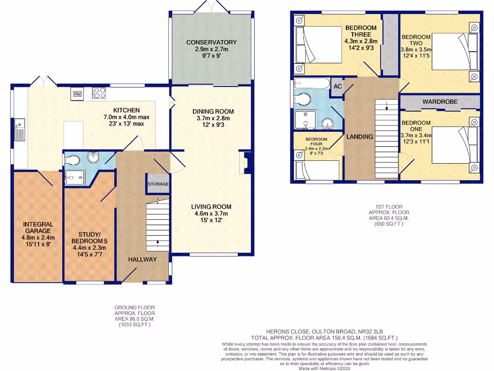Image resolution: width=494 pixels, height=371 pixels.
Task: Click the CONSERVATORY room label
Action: (211, 43)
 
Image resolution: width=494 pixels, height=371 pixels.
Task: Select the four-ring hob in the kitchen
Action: (99, 93)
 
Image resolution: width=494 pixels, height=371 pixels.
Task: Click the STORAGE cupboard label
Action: (158, 184)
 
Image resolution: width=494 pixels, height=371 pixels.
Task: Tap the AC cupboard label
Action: (337, 86)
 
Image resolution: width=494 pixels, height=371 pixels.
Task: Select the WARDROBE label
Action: (440, 101)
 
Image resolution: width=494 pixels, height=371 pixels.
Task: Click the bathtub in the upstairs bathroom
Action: (312, 83)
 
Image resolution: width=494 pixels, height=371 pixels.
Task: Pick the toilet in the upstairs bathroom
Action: (302, 100)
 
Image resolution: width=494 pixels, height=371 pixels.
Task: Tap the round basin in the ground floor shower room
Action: (93, 157)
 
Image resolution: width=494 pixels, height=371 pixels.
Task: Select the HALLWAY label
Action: (142, 259)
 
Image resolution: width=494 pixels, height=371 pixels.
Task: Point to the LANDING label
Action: (360, 137)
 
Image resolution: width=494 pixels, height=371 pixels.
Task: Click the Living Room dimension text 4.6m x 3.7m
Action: (211, 213)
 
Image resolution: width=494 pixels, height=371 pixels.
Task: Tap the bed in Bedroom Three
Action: (318, 45)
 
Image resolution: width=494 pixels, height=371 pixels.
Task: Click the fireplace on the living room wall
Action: (246, 163)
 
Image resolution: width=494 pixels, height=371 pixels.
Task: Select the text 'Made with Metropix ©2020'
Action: (324, 368)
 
